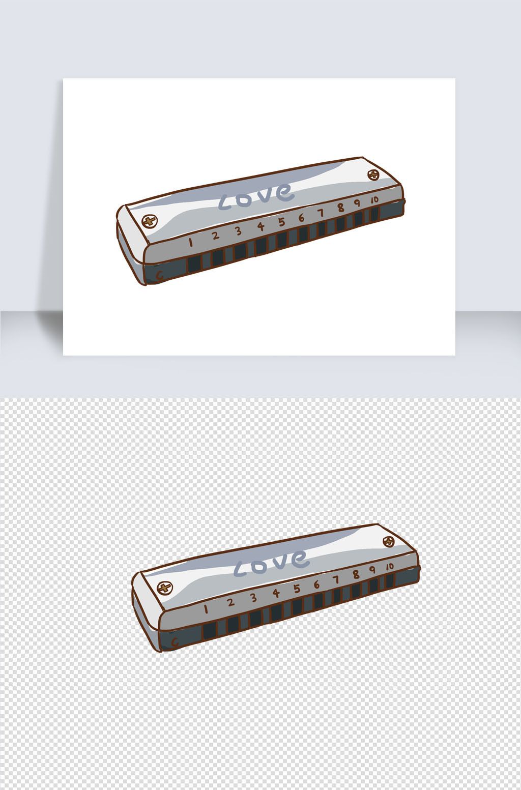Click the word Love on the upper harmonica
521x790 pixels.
[x=256, y=196]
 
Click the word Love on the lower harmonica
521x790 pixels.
[x=271, y=563]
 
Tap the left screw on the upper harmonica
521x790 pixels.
[x=149, y=221]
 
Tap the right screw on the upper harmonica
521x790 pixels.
[x=373, y=174]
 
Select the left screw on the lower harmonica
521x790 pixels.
[x=164, y=588]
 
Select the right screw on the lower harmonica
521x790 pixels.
[x=388, y=541]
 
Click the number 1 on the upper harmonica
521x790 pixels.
[x=190, y=242]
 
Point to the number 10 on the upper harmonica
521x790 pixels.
[x=374, y=200]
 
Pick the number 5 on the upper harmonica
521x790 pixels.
[x=281, y=222]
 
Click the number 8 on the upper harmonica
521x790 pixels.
[x=340, y=208]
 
